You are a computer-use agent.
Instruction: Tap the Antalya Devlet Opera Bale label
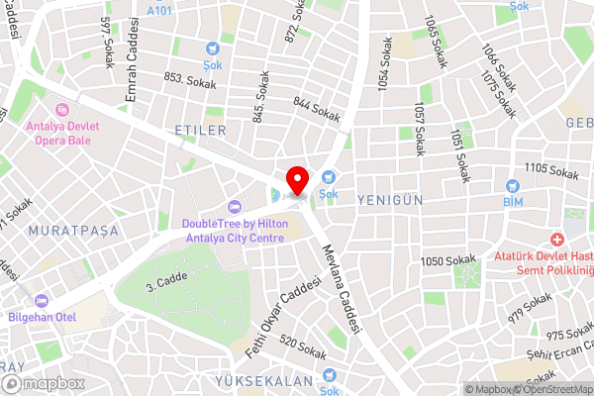tap(62, 127)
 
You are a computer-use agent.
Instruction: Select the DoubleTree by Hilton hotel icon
tap(235, 206)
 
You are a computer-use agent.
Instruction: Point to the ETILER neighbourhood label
tap(200, 130)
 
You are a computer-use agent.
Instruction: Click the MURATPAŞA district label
tap(74, 230)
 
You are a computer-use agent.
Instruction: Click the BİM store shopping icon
tap(512, 185)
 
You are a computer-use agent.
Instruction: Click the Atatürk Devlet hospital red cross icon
tap(557, 241)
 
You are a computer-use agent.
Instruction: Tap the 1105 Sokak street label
tap(551, 172)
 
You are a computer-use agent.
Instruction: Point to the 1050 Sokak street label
tap(447, 260)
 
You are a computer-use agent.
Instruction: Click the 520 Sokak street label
tap(303, 346)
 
